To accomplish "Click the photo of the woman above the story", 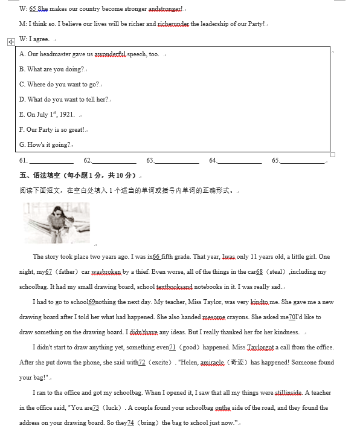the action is coord(57,222).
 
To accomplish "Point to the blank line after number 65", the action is coord(303,161).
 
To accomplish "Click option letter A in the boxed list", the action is coord(22,54).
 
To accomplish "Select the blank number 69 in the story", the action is coord(92,302).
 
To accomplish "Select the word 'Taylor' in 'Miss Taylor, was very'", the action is coord(208,302).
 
